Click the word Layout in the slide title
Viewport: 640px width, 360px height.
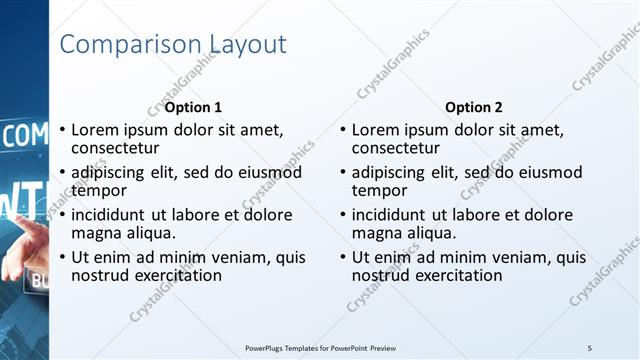coord(247,45)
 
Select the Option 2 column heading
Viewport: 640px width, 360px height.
coord(474,107)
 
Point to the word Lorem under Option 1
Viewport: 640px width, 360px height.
coord(97,130)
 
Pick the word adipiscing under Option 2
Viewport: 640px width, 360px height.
coord(396,172)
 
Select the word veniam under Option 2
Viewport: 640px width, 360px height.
coord(520,257)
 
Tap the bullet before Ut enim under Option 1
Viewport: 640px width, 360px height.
coord(62,257)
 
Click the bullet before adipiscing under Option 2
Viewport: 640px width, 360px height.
coord(343,172)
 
